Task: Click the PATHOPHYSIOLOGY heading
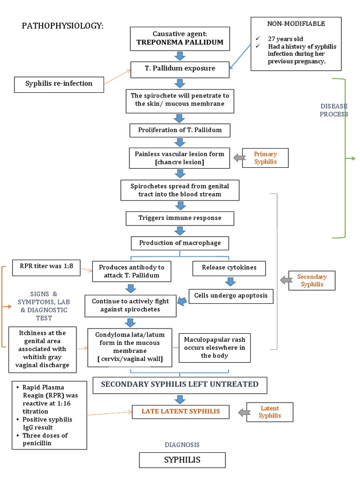pyautogui.click(x=62, y=25)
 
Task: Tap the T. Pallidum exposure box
pyautogui.click(x=180, y=68)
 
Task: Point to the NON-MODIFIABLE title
pyautogui.click(x=296, y=23)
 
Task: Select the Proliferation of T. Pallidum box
pyautogui.click(x=180, y=129)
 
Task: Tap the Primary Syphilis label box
pyautogui.click(x=265, y=158)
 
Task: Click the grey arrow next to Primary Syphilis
pyautogui.click(x=239, y=158)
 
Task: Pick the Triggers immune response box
pyautogui.click(x=180, y=218)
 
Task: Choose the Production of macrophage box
pyautogui.click(x=180, y=243)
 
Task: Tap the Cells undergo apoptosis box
pyautogui.click(x=231, y=296)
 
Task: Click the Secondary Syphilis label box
pyautogui.click(x=312, y=280)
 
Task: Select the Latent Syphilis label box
pyautogui.click(x=270, y=412)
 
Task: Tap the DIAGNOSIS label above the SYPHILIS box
pyautogui.click(x=182, y=444)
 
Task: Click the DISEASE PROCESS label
pyautogui.click(x=334, y=110)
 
